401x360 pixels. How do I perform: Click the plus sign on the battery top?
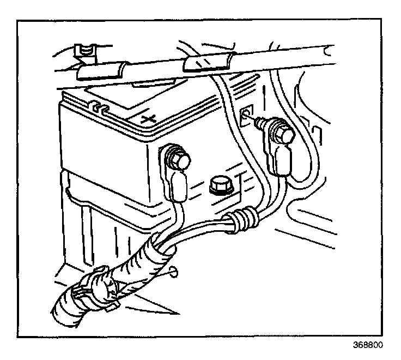coord(146,118)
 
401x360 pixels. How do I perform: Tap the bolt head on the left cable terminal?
coord(179,159)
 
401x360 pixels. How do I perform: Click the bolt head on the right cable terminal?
coord(282,134)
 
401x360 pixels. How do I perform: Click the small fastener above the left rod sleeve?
coord(86,50)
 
